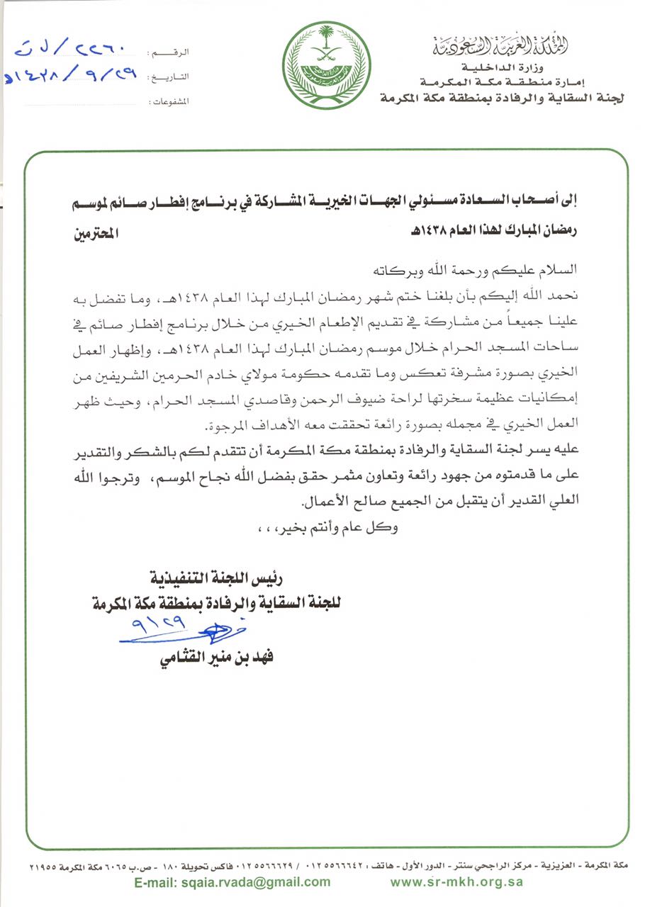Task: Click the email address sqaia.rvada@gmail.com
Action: click(x=233, y=882)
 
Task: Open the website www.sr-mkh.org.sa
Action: click(x=456, y=882)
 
